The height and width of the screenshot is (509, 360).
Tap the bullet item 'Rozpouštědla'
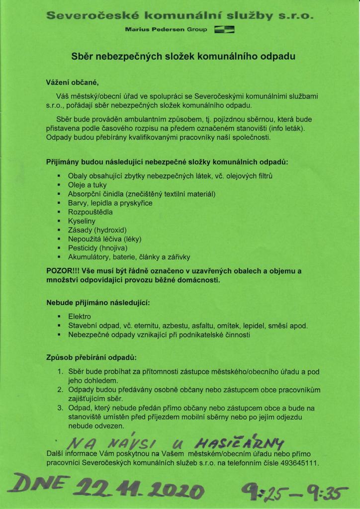[90, 212]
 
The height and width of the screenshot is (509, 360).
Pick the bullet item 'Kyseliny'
[82, 221]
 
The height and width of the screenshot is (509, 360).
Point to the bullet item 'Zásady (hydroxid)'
[97, 230]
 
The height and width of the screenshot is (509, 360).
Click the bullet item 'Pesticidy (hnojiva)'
[98, 248]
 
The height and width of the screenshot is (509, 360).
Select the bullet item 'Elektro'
[80, 317]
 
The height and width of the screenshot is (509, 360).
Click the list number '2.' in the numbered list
[60, 390]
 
